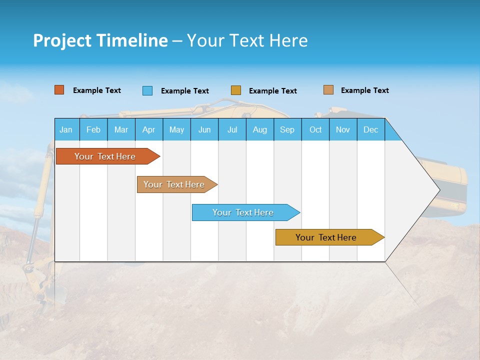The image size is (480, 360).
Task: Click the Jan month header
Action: [x=66, y=129]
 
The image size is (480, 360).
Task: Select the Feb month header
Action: [x=93, y=129]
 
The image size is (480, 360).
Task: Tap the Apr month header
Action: [x=148, y=129]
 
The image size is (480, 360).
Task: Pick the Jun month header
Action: [x=204, y=129]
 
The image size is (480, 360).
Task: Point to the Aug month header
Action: [x=259, y=129]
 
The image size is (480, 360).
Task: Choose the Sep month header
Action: [x=287, y=129]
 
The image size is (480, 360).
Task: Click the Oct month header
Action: [x=315, y=129]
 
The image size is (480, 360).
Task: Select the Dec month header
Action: [x=370, y=129]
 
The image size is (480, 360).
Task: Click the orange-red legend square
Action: [x=59, y=90]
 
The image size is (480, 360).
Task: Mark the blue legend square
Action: [x=147, y=90]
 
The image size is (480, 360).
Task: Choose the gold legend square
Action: [x=236, y=90]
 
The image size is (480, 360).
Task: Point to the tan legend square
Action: [x=328, y=90]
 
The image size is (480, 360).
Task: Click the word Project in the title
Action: [x=62, y=40]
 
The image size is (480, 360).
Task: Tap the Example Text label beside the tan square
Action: [x=364, y=90]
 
